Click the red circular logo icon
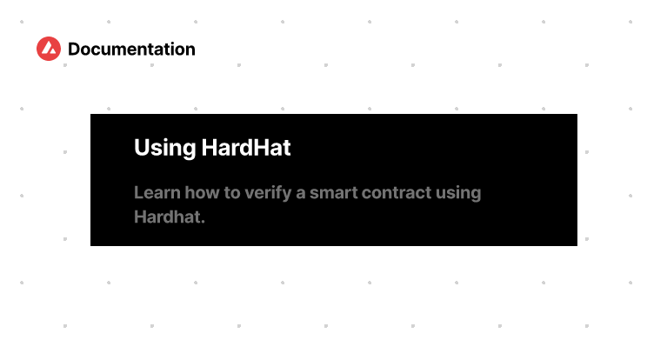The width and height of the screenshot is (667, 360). (49, 50)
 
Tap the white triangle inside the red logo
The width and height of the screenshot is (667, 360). (49, 50)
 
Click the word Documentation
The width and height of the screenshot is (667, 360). (131, 50)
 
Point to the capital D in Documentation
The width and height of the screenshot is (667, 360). (74, 50)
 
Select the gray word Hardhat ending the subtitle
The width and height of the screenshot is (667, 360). (167, 217)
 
